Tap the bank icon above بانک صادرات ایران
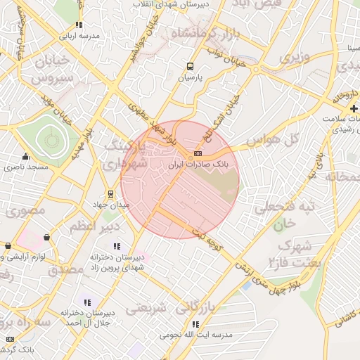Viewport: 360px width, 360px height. pos(199,153)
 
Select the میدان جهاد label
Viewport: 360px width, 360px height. pos(111,205)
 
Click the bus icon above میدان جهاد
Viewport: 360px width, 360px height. pos(110,194)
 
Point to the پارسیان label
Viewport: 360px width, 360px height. pos(189,77)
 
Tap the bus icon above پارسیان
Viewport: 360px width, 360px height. pos(189,67)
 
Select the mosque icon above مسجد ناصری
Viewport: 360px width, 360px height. pos(26,156)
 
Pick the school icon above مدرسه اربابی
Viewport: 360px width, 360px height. pos(79,25)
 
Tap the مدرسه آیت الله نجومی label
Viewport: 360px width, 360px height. pos(195,335)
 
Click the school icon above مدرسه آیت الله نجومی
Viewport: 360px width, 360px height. pos(195,325)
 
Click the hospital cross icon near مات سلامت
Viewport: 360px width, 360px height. pos(353,108)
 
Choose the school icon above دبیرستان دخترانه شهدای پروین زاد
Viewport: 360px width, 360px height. pos(117,246)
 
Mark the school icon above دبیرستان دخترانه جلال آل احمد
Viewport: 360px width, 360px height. pos(86,302)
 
